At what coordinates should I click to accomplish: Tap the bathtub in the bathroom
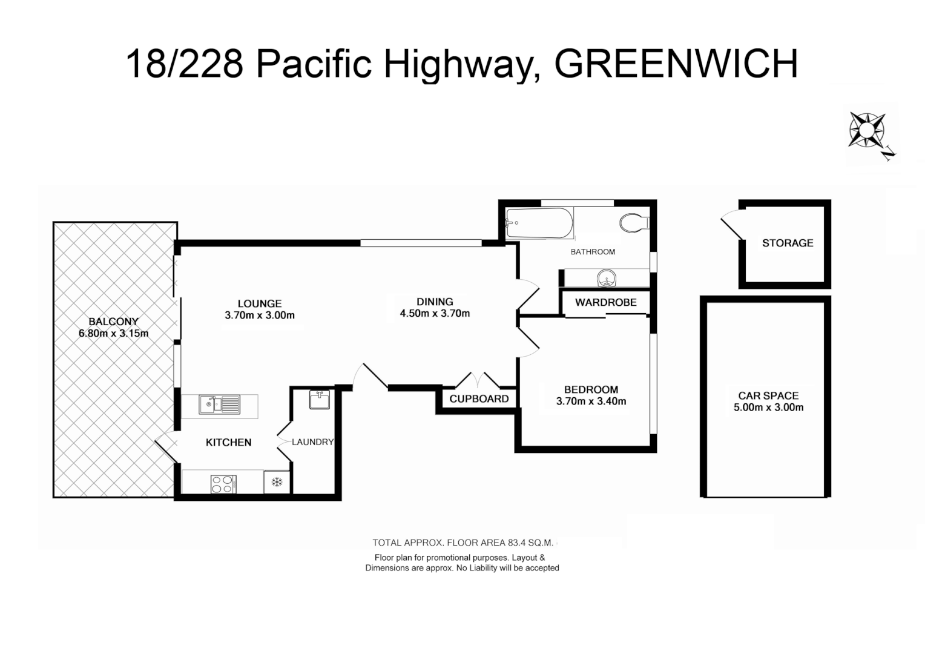[x=539, y=223]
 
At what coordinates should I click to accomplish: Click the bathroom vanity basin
[x=607, y=279]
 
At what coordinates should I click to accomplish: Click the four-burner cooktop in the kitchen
[x=223, y=484]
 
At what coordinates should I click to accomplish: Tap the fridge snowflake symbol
[x=277, y=482]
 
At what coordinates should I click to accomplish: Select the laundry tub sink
[x=319, y=400]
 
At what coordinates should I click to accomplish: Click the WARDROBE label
[x=605, y=302]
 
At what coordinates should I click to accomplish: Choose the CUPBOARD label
[x=479, y=399]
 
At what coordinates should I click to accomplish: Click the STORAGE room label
[x=787, y=243]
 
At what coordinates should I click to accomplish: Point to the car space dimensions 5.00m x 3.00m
[x=768, y=408]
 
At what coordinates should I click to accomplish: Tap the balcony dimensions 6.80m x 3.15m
[x=113, y=333]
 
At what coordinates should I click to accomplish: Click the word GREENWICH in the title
[x=676, y=64]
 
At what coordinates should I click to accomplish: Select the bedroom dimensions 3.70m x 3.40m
[x=591, y=401]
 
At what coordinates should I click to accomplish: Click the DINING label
[x=435, y=302]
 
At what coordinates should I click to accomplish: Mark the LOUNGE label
[x=259, y=303]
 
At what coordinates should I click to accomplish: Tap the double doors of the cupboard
[x=478, y=380]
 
